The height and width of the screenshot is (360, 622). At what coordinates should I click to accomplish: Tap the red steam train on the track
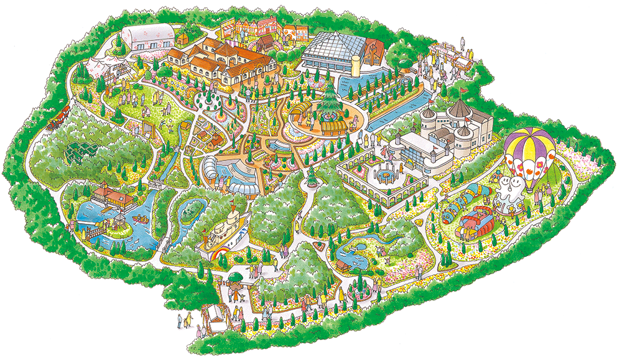click(59, 117)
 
